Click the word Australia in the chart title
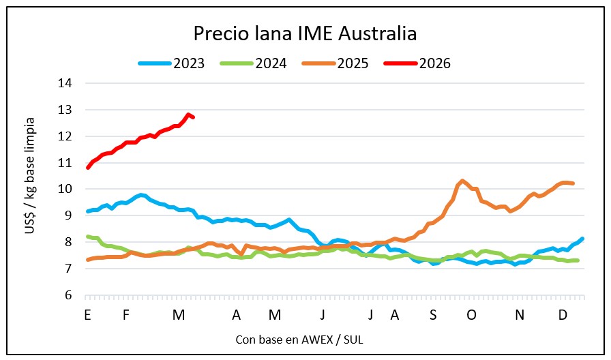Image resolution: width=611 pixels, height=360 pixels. point(378,33)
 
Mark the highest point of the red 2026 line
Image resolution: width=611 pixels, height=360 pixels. point(188,115)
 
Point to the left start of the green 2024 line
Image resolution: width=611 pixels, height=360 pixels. point(87,236)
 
